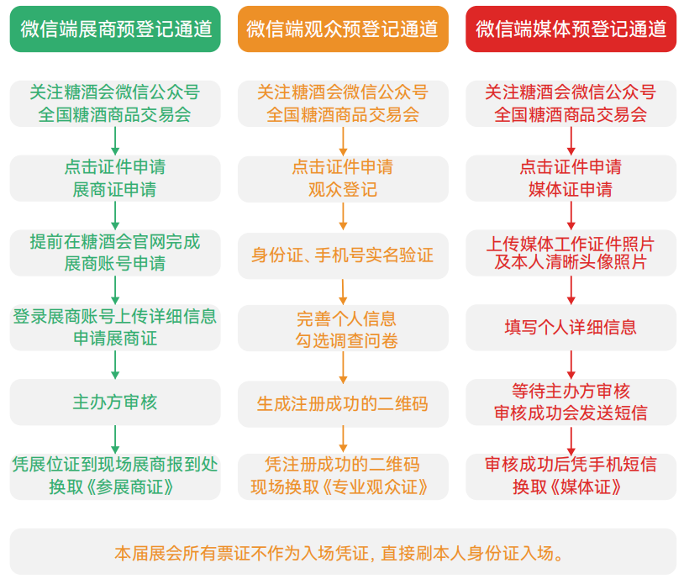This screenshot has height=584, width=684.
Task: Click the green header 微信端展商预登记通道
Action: (x=115, y=29)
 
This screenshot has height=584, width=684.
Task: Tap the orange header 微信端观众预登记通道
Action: (x=343, y=29)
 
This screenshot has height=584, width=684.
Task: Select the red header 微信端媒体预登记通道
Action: (x=571, y=29)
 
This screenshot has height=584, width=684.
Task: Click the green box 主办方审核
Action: (x=115, y=402)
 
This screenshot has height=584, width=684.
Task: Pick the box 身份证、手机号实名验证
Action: (x=343, y=255)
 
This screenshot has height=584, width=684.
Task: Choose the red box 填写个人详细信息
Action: (x=571, y=327)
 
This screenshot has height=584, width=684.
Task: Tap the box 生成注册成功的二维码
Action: (x=343, y=403)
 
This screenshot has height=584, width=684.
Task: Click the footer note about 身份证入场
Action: (x=342, y=553)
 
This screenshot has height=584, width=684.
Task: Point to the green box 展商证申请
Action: (x=115, y=178)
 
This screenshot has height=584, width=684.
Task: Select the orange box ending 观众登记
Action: (x=343, y=178)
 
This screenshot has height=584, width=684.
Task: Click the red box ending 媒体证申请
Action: (x=571, y=178)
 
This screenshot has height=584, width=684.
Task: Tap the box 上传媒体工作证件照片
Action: (x=571, y=253)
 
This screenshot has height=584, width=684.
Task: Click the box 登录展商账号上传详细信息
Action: (x=115, y=328)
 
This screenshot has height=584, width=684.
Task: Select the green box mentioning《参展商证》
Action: (x=115, y=476)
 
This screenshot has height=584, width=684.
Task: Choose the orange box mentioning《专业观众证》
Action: (x=343, y=476)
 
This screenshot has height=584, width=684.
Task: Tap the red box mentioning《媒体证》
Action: (x=571, y=476)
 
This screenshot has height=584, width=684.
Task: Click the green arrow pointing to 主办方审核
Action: (x=115, y=365)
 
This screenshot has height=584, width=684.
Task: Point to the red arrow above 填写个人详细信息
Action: (x=571, y=290)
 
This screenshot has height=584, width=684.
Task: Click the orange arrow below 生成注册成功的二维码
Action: (x=343, y=439)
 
